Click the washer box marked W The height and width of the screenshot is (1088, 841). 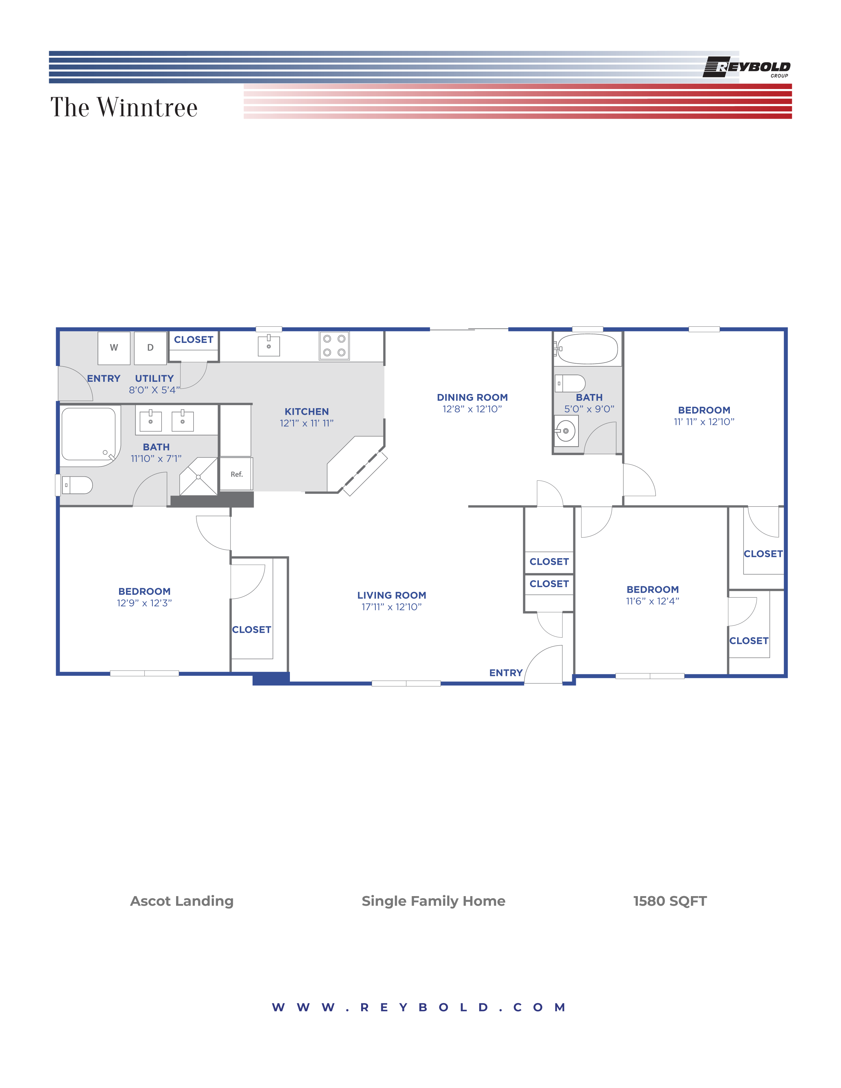click(114, 348)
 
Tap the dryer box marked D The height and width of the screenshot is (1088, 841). click(150, 348)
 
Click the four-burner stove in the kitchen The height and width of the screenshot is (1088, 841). click(334, 345)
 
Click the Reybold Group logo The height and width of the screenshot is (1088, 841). click(746, 67)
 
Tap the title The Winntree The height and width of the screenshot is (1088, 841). click(124, 107)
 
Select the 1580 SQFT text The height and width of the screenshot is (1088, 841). click(670, 901)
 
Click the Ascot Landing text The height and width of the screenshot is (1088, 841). click(182, 901)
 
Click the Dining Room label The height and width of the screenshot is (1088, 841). click(472, 398)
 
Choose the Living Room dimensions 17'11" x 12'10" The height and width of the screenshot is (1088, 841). click(391, 607)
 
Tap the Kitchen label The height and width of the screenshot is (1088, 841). click(307, 411)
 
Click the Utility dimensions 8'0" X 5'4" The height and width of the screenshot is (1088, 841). click(154, 390)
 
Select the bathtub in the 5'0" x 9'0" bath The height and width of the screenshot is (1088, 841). click(587, 349)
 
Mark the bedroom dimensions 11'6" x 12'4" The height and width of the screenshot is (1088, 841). click(653, 601)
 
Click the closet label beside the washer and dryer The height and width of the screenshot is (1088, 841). click(194, 340)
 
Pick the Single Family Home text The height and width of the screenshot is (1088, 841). click(433, 901)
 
